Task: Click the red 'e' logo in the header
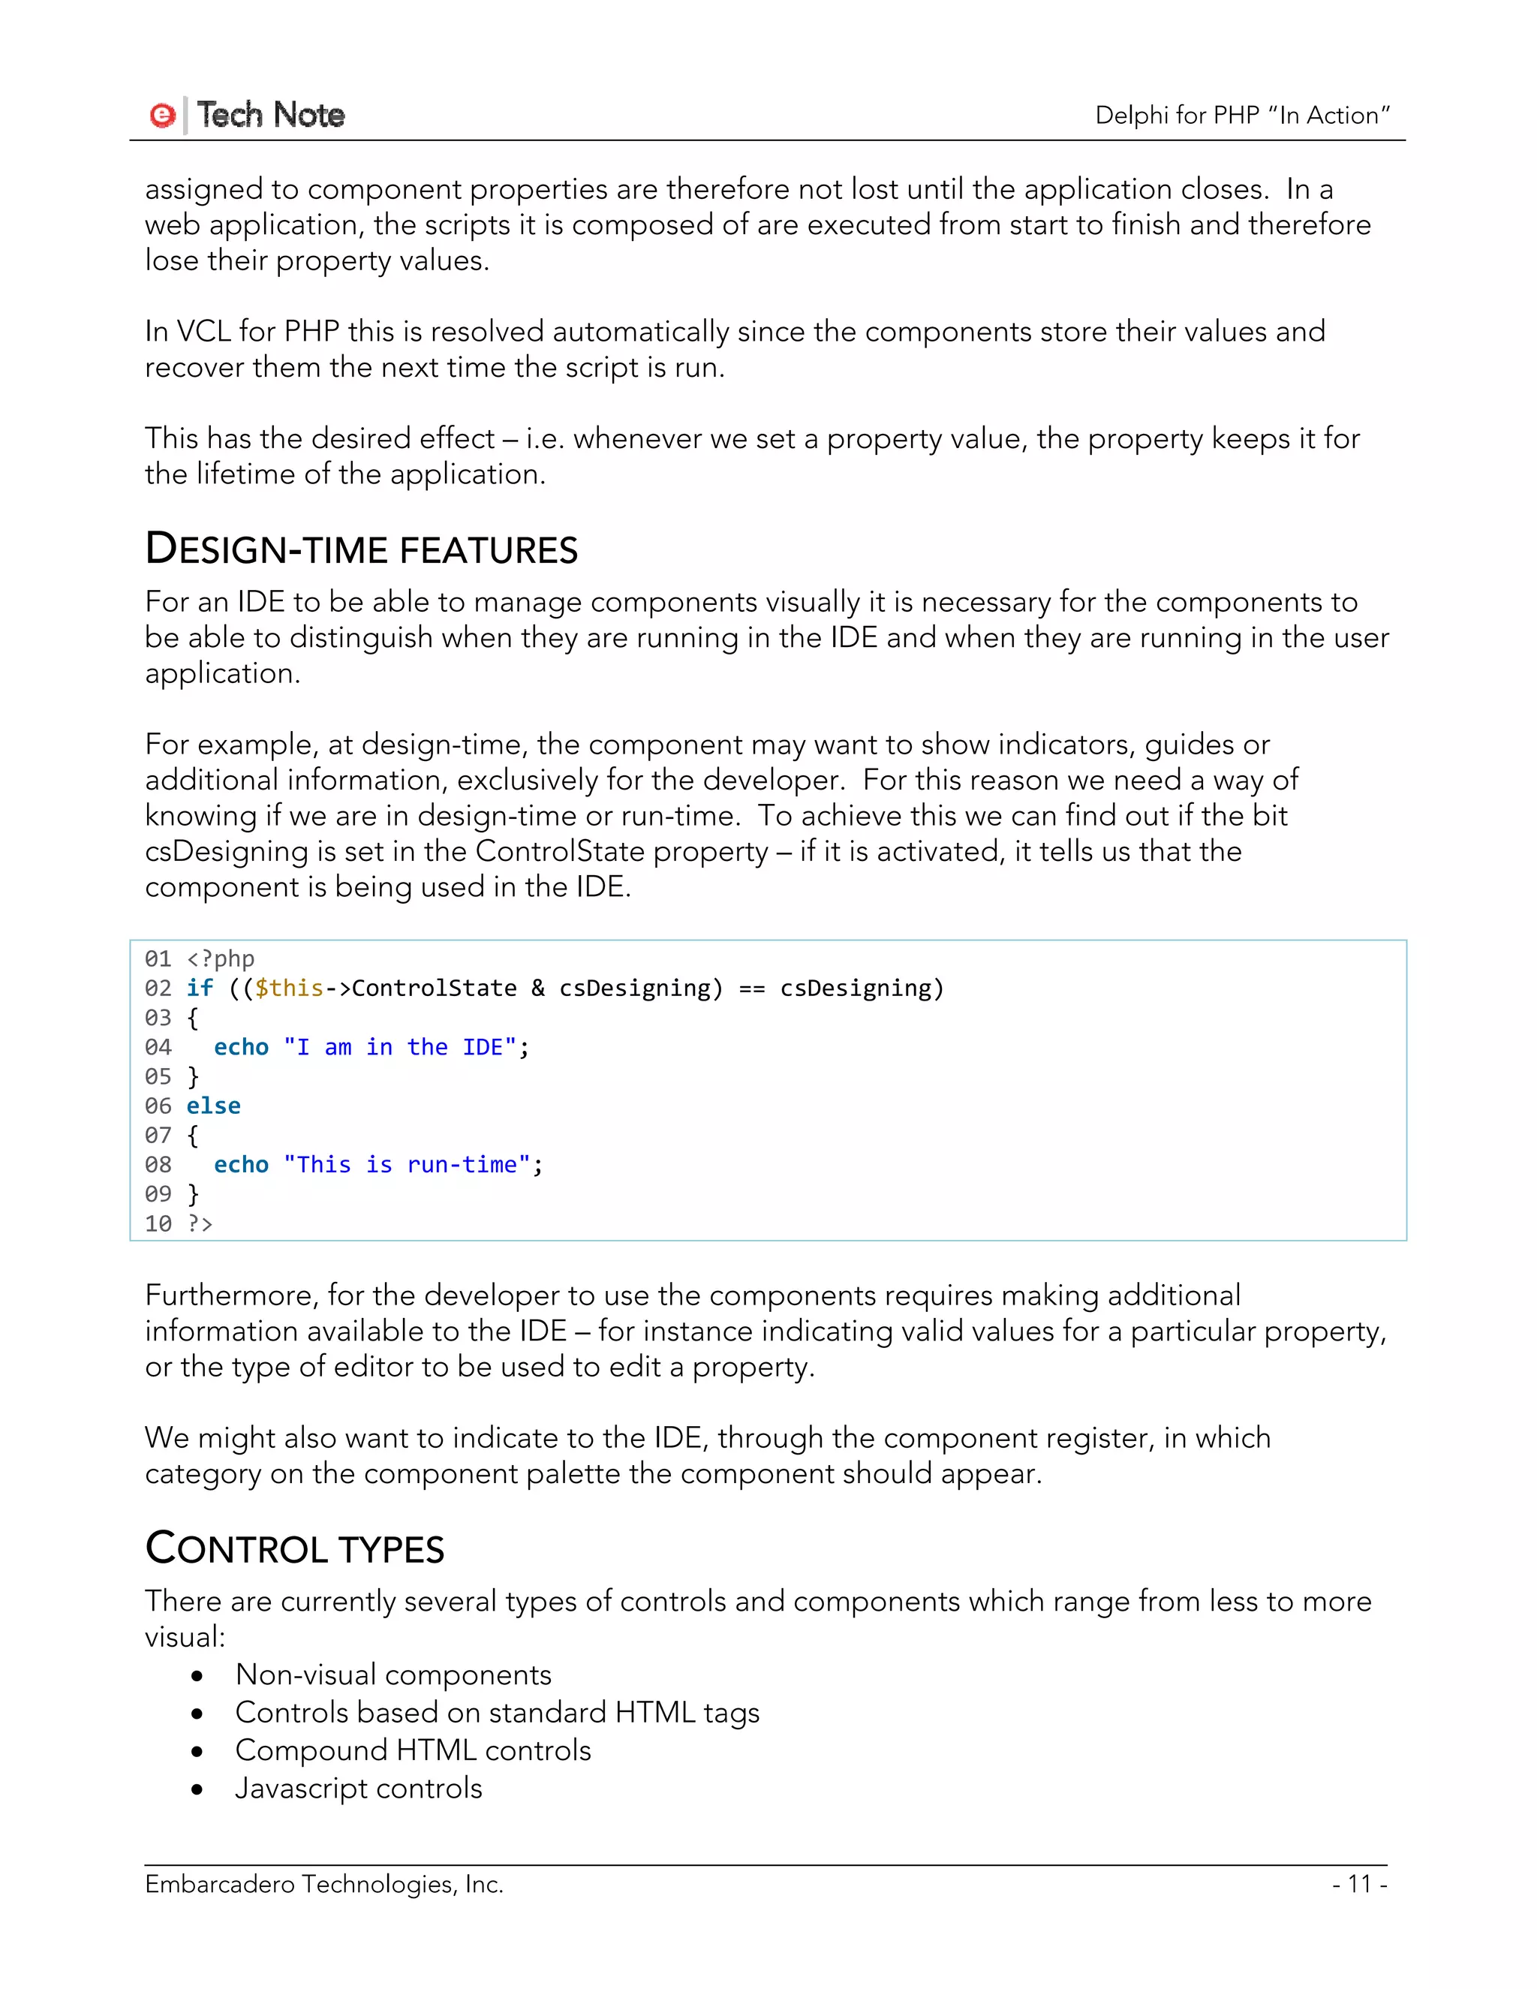tap(162, 115)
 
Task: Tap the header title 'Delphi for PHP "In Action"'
tap(1242, 115)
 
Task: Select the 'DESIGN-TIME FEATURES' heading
tap(362, 550)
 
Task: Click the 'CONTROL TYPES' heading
tap(295, 1549)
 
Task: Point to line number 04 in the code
tap(158, 1047)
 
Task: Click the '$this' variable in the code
tap(289, 988)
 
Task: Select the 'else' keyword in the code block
tap(213, 1106)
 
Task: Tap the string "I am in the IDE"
tap(400, 1047)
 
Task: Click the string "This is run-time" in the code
tap(406, 1165)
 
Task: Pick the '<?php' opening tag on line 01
tap(221, 959)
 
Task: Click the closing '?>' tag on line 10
tap(200, 1224)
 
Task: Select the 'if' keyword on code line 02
tap(200, 988)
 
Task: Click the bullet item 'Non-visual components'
tap(393, 1675)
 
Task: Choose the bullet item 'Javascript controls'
tap(359, 1788)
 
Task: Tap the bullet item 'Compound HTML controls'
tap(414, 1750)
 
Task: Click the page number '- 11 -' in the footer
tap(1359, 1883)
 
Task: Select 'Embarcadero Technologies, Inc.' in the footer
tap(324, 1883)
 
